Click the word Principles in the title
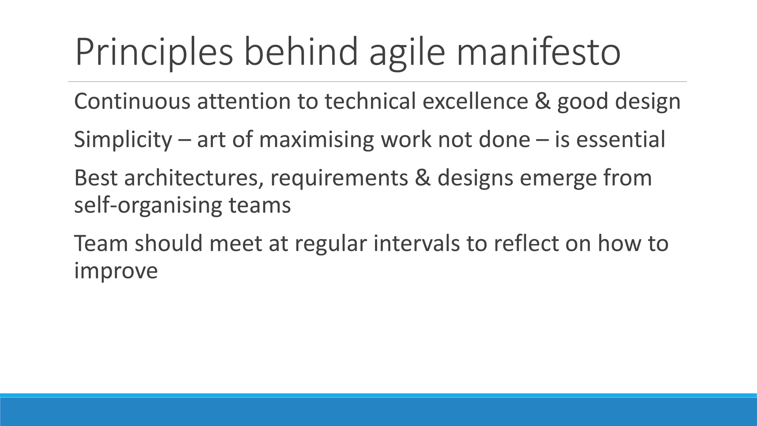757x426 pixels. pyautogui.click(x=154, y=53)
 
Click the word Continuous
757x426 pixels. pyautogui.click(x=132, y=101)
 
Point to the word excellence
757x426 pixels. pyautogui.click(x=475, y=101)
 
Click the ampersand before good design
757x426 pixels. pyautogui.click(x=542, y=101)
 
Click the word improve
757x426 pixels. pyautogui.click(x=116, y=271)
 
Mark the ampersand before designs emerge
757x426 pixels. pyautogui.click(x=423, y=178)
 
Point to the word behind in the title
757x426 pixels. pyautogui.click(x=301, y=52)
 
